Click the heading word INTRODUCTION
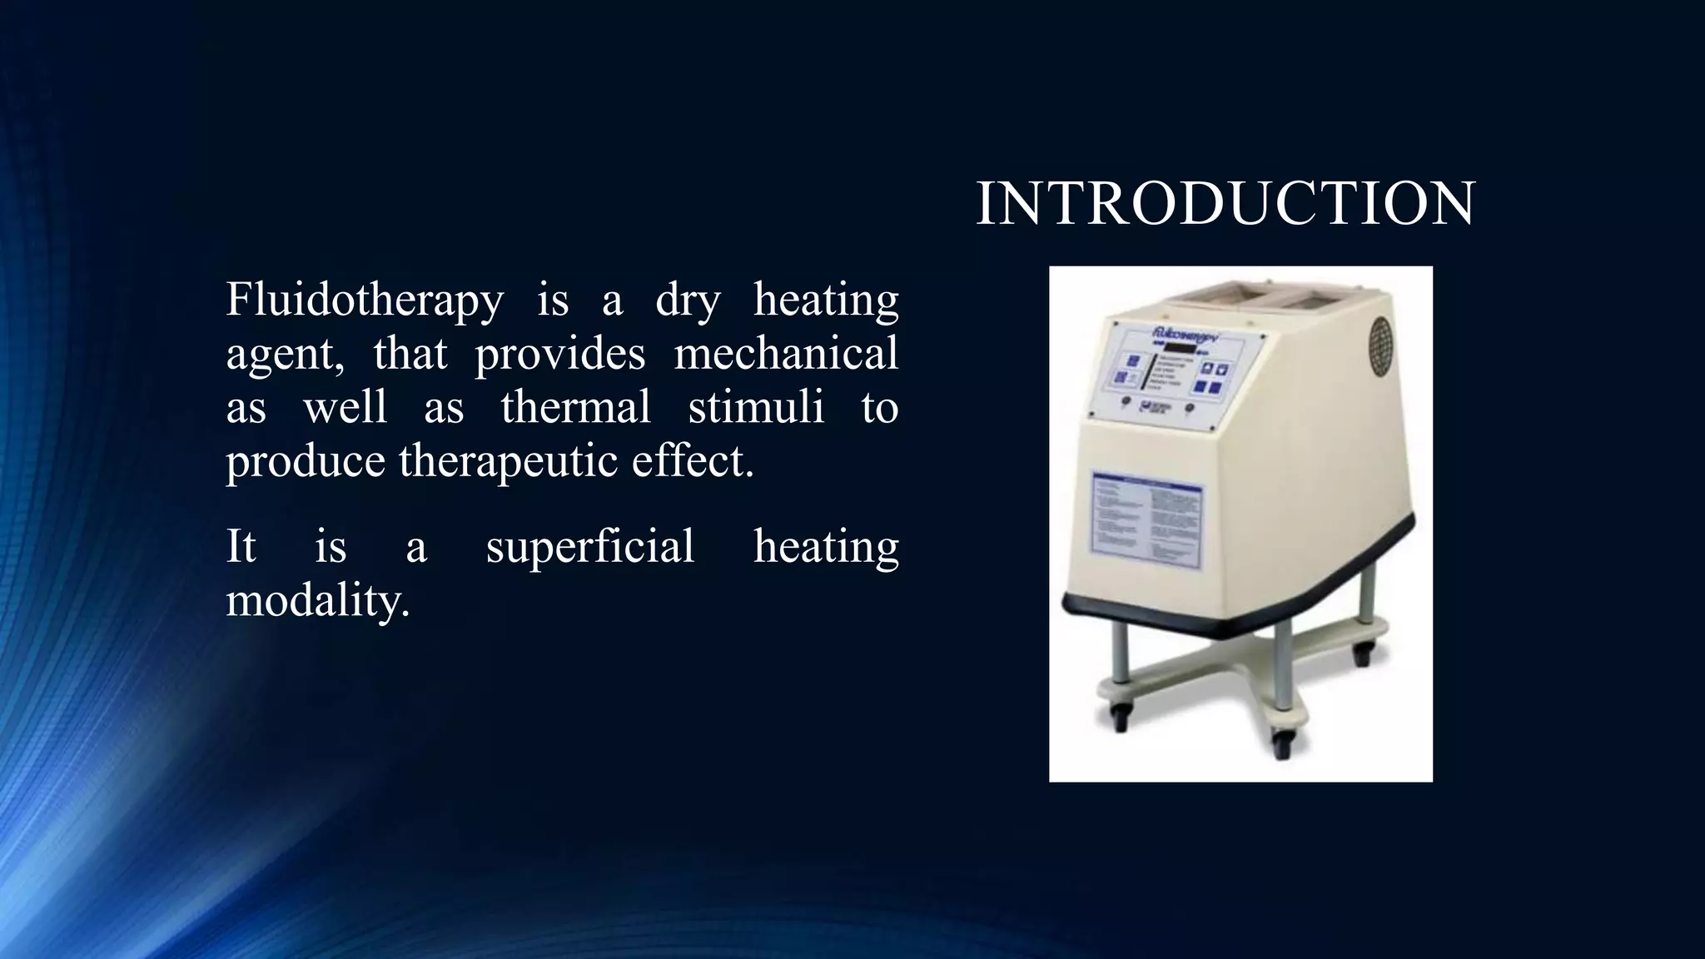(x=1225, y=204)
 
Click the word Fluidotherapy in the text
(x=365, y=300)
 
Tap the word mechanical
(x=785, y=354)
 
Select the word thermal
(x=575, y=408)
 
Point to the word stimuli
(x=756, y=408)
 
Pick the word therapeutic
(x=509, y=461)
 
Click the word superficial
(x=590, y=548)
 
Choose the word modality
(x=317, y=600)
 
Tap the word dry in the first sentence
(x=687, y=301)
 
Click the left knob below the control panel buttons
(x=1126, y=401)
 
